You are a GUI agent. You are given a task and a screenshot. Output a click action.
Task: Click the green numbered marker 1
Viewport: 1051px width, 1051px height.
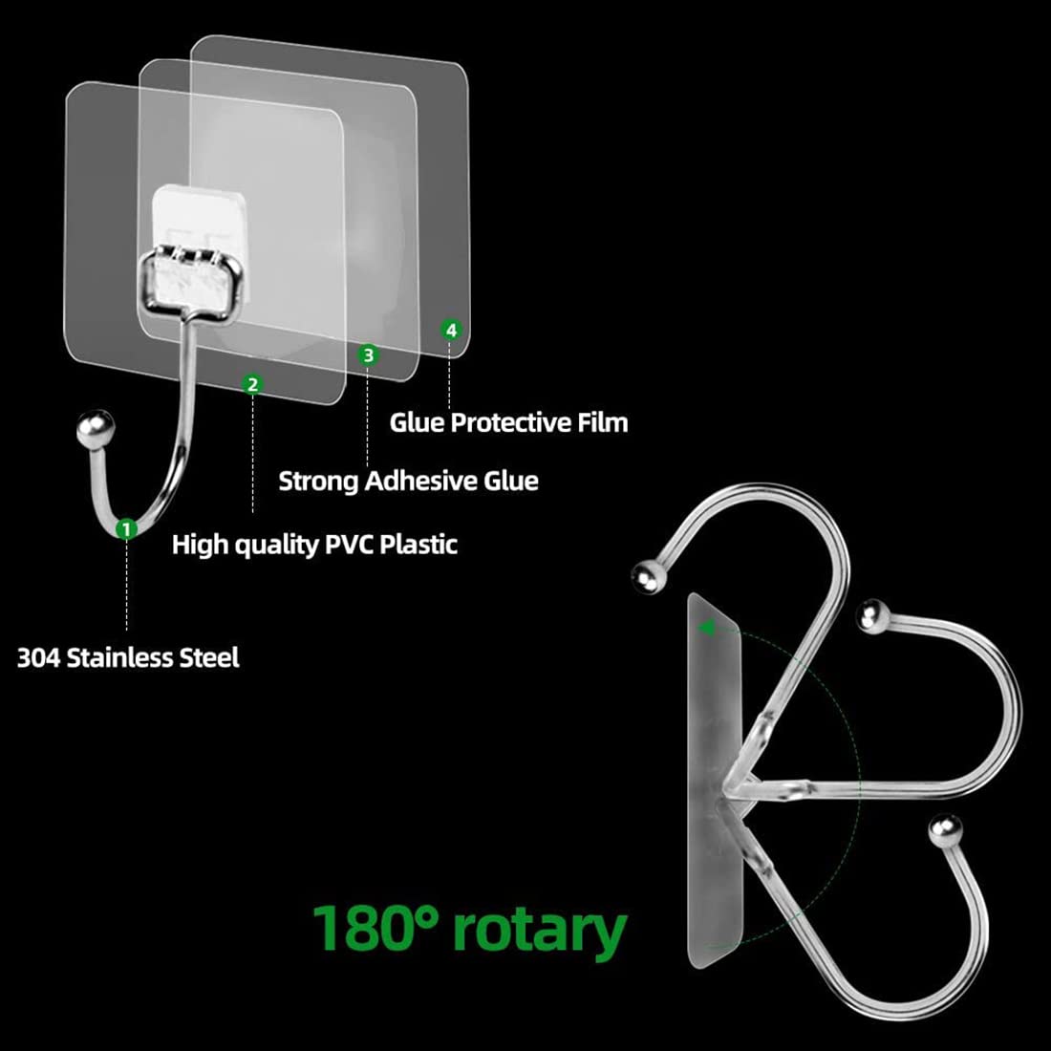click(x=126, y=529)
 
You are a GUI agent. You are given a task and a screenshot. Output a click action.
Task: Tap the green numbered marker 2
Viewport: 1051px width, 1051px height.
click(x=252, y=385)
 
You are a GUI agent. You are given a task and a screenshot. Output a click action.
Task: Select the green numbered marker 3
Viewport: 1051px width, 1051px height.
click(x=367, y=354)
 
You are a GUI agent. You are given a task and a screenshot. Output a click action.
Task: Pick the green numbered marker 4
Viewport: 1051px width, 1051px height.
click(x=451, y=330)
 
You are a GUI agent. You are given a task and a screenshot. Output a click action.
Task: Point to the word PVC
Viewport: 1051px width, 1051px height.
click(x=349, y=544)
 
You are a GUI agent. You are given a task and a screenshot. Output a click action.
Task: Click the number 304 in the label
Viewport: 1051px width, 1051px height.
click(x=38, y=657)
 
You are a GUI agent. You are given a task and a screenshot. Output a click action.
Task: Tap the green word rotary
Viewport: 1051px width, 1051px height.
click(x=540, y=932)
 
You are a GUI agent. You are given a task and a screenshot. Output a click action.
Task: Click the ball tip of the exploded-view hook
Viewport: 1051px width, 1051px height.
click(x=96, y=428)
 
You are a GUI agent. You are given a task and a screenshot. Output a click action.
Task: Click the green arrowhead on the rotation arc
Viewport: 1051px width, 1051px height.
click(x=705, y=629)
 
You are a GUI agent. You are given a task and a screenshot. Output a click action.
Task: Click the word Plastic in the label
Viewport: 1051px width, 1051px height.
click(x=418, y=544)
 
